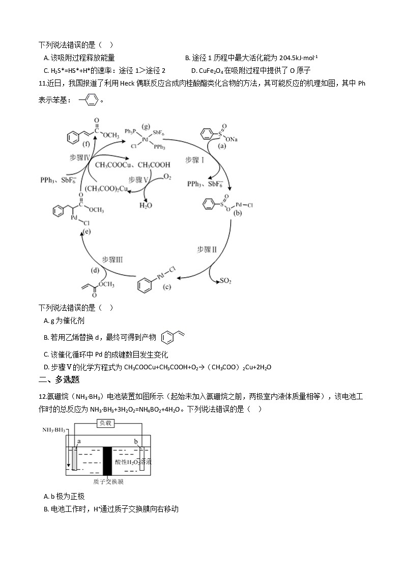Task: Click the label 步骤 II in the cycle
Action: click(x=207, y=249)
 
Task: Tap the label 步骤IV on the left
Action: click(x=80, y=158)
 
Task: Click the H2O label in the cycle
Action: click(x=146, y=205)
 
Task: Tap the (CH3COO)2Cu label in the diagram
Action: click(x=106, y=188)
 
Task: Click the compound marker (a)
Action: click(x=221, y=146)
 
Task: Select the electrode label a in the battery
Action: click(x=79, y=441)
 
